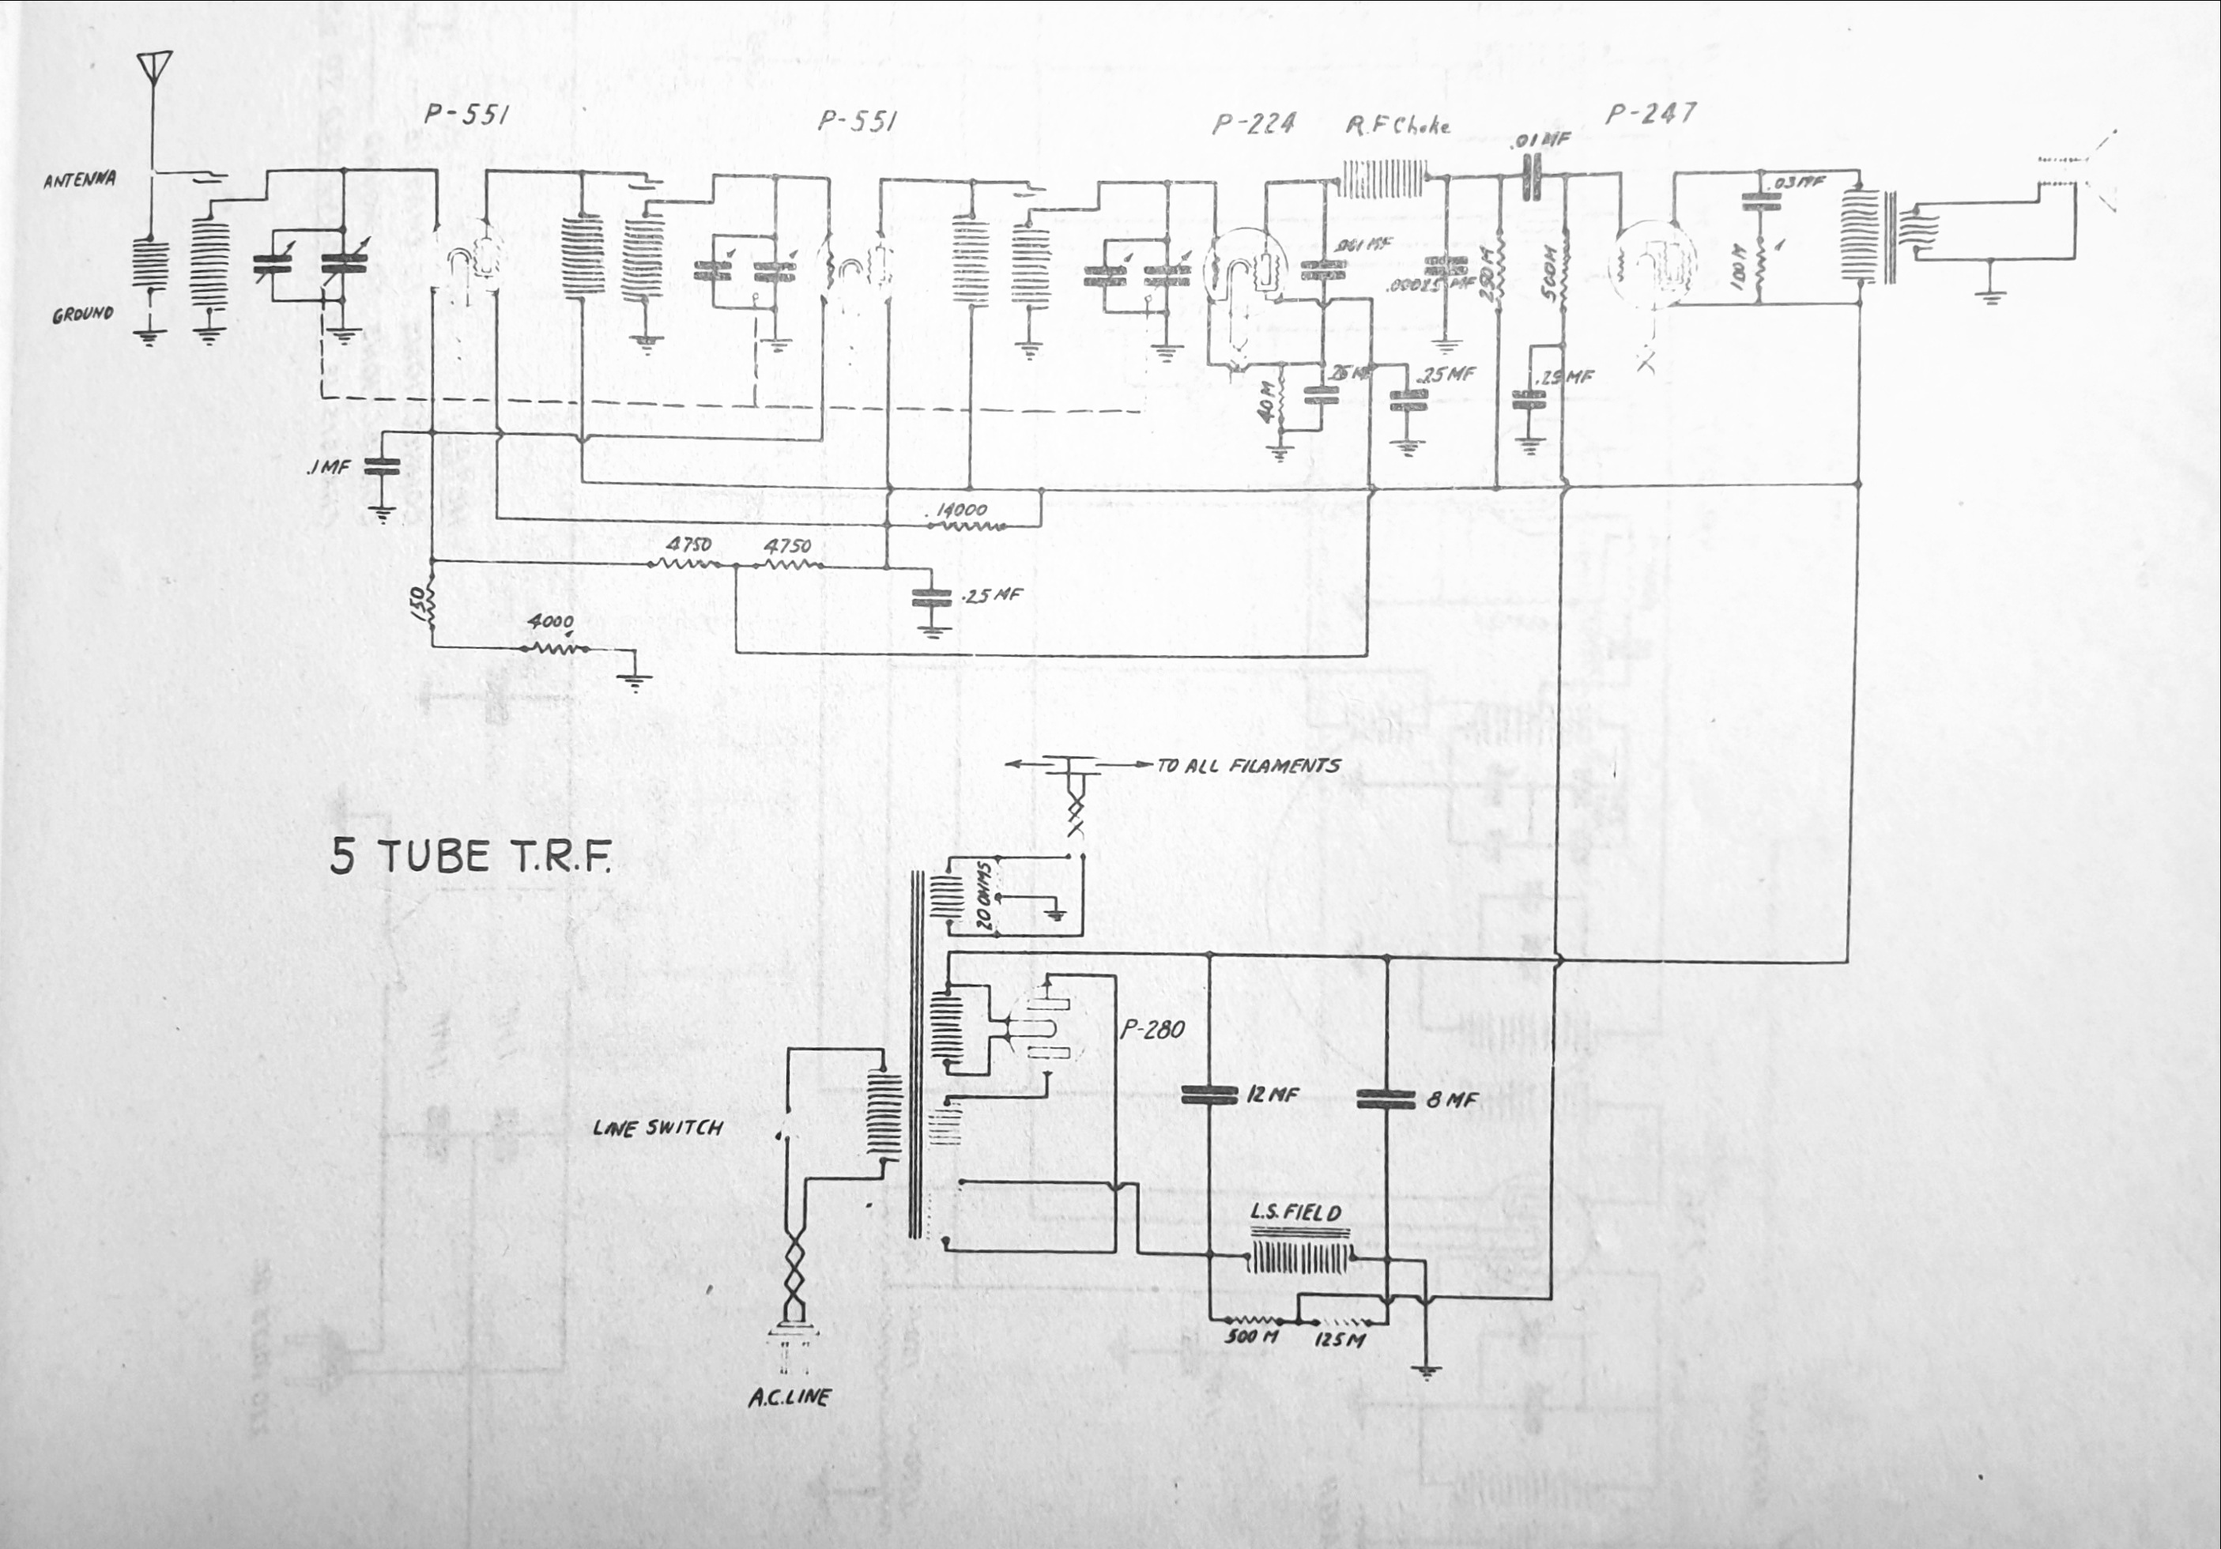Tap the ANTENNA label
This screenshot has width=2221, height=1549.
pyautogui.click(x=81, y=180)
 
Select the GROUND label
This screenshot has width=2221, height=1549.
pyautogui.click(x=83, y=315)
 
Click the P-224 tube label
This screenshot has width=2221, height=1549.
pyautogui.click(x=1253, y=124)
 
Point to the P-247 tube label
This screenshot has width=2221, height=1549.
pyautogui.click(x=1650, y=114)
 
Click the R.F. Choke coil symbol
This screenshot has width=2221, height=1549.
pyautogui.click(x=1383, y=181)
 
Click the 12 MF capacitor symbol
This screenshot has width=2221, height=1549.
pyautogui.click(x=1209, y=1095)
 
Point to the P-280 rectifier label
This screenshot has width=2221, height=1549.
pyautogui.click(x=1152, y=1030)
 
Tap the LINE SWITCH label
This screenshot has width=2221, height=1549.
pyautogui.click(x=658, y=1127)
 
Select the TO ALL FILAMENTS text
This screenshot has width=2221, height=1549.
pyautogui.click(x=1249, y=765)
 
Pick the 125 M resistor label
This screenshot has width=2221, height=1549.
pyautogui.click(x=1339, y=1341)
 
